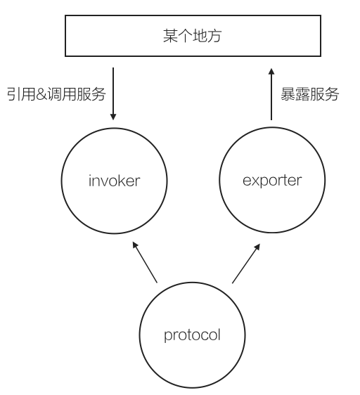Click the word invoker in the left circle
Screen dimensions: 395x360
click(x=115, y=181)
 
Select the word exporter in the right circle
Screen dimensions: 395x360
click(x=271, y=181)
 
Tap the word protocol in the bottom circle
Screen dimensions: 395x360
click(x=192, y=335)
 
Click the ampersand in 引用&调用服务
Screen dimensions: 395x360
click(x=41, y=94)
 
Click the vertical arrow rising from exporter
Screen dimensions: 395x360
click(x=271, y=95)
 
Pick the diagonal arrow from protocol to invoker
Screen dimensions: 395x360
click(x=145, y=263)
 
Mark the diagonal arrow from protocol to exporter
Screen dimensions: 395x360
click(x=245, y=263)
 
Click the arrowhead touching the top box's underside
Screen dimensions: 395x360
click(x=271, y=71)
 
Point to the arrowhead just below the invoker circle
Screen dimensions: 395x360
click(x=134, y=246)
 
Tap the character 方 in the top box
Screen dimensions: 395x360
click(x=217, y=37)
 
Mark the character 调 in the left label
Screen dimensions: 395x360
click(x=55, y=93)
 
